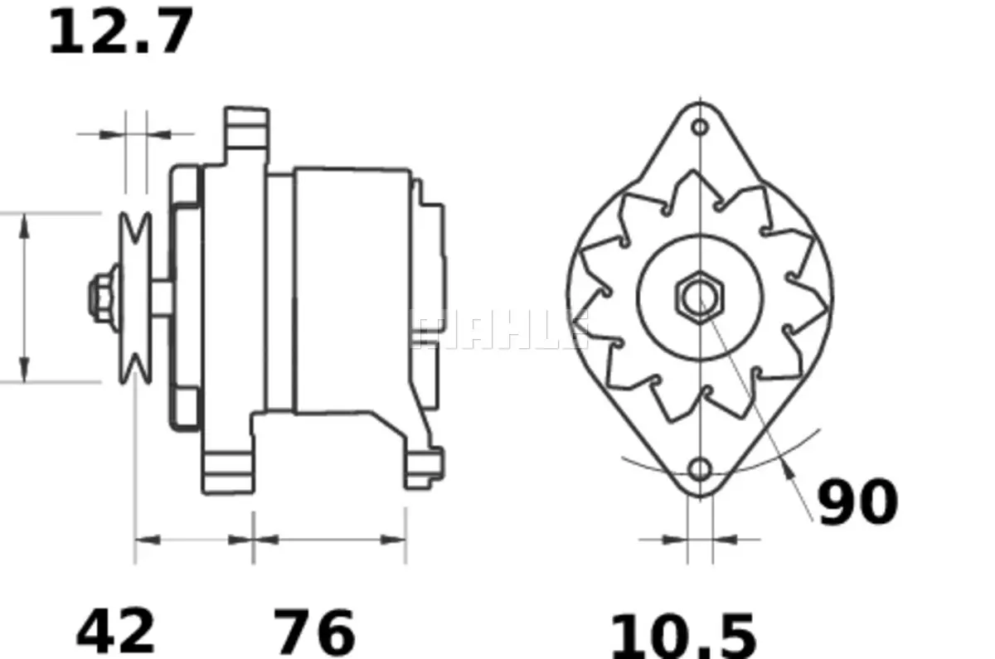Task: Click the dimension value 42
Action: click(x=116, y=632)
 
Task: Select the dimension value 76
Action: click(x=314, y=632)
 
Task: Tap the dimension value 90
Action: click(x=857, y=502)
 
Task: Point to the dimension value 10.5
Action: click(x=684, y=636)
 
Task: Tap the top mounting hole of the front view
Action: click(x=701, y=127)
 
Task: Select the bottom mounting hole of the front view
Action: click(x=701, y=469)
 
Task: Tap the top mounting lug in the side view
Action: click(x=247, y=133)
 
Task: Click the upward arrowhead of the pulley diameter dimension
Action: click(x=25, y=225)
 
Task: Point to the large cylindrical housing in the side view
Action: click(x=352, y=290)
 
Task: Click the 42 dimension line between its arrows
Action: click(x=194, y=539)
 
